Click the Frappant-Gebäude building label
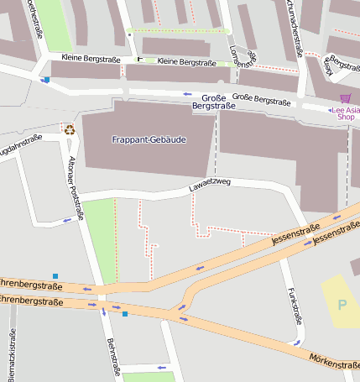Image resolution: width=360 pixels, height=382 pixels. click(148, 139)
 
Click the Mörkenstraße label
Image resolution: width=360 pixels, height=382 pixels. click(335, 365)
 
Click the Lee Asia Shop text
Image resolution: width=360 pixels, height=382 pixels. click(346, 113)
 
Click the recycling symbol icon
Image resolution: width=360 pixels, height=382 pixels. click(69, 129)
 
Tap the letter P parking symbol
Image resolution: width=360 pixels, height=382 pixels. click(342, 304)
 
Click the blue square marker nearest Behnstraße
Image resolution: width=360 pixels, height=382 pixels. click(124, 314)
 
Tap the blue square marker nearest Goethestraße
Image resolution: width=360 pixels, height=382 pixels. click(46, 81)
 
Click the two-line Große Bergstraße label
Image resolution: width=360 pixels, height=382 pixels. click(213, 102)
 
